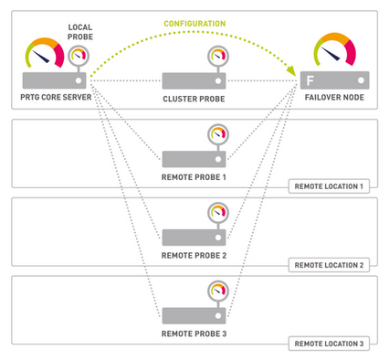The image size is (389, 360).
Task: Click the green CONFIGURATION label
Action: tap(195, 24)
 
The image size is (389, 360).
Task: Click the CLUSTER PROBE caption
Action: tap(194, 97)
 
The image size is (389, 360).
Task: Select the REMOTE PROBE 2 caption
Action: tap(194, 255)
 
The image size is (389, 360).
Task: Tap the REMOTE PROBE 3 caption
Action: tap(194, 334)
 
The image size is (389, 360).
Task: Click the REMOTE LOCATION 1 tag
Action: tap(330, 185)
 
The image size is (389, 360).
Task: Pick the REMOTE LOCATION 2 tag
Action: tap(330, 265)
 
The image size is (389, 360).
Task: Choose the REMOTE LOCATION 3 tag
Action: tap(330, 344)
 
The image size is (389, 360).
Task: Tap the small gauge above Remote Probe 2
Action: tap(216, 214)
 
